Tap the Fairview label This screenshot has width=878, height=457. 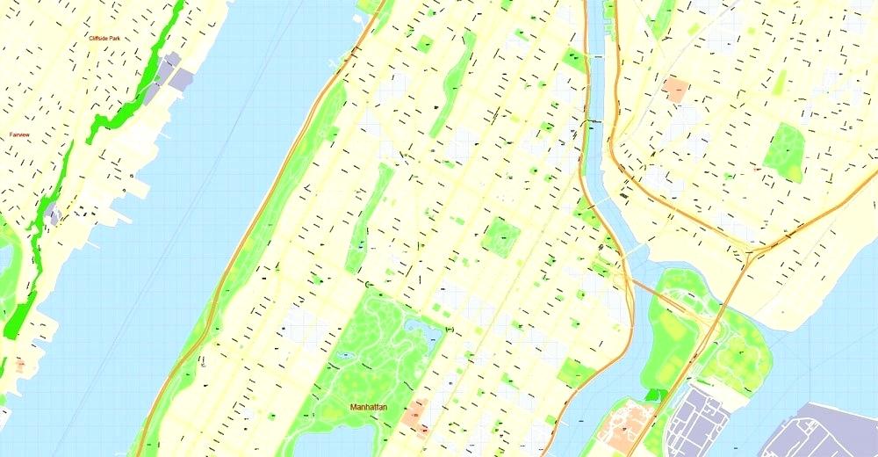(x=18, y=134)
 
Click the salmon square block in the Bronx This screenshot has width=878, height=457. (x=676, y=89)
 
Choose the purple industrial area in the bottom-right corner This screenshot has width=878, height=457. (x=821, y=435)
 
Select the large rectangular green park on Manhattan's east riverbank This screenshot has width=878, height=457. (x=575, y=373)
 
